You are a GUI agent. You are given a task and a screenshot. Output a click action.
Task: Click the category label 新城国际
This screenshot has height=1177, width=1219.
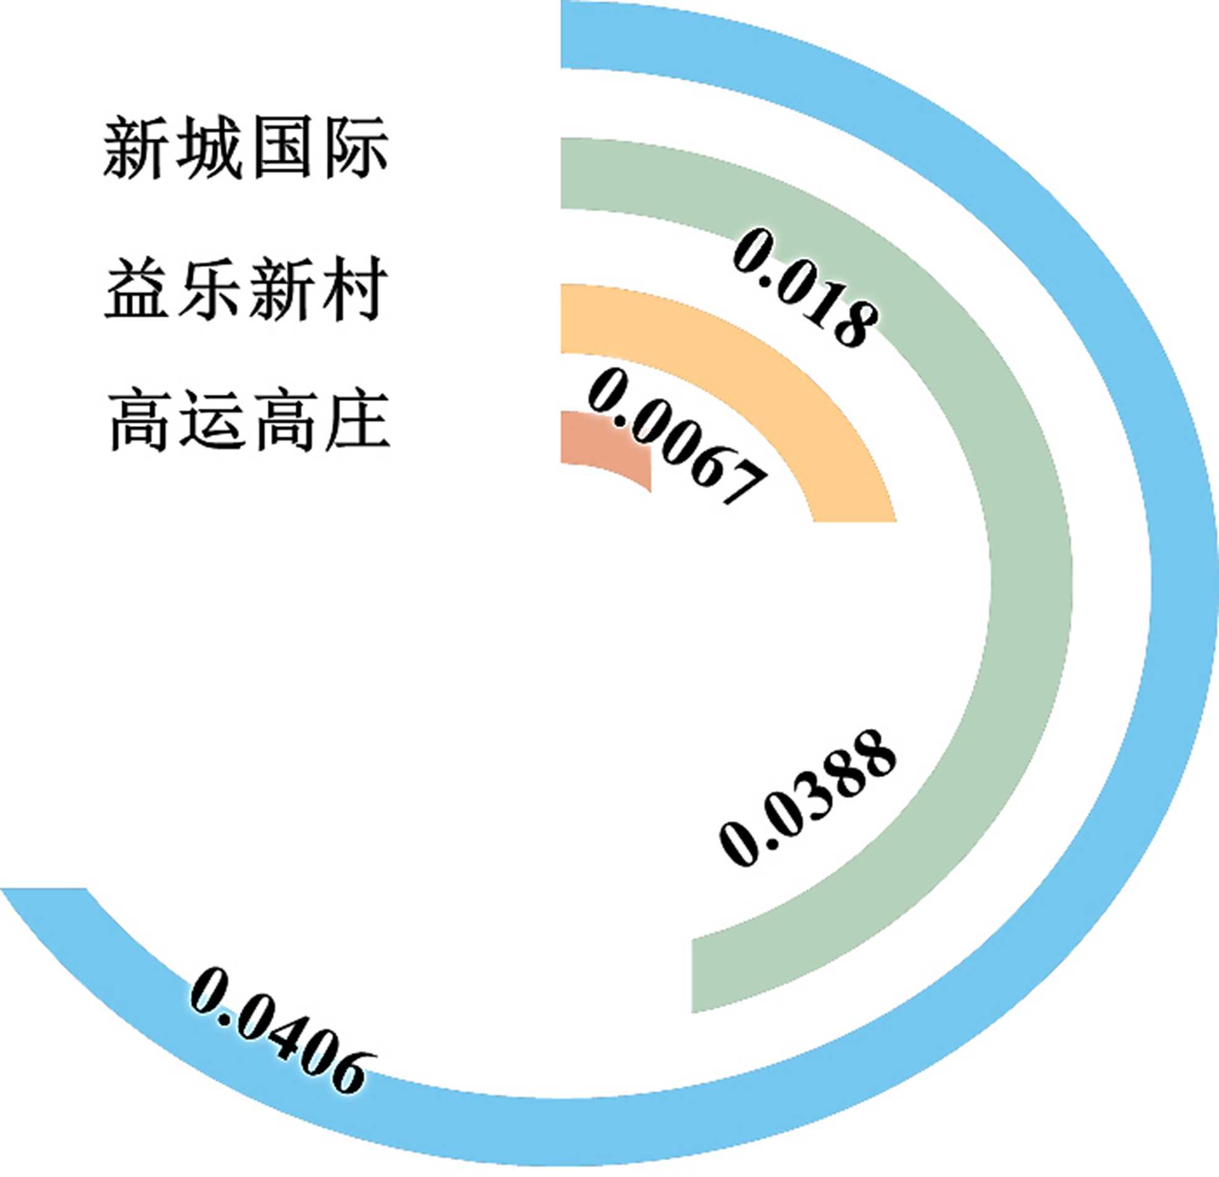coord(246,149)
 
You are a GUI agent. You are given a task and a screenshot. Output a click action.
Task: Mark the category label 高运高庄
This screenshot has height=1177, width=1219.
coord(249,419)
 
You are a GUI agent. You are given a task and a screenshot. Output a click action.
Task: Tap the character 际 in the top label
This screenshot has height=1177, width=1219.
coord(355,149)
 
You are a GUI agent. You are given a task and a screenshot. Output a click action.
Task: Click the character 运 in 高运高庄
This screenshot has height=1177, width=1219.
coord(212,419)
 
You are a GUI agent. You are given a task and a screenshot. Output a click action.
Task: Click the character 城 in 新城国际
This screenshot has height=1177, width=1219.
coord(209,149)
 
